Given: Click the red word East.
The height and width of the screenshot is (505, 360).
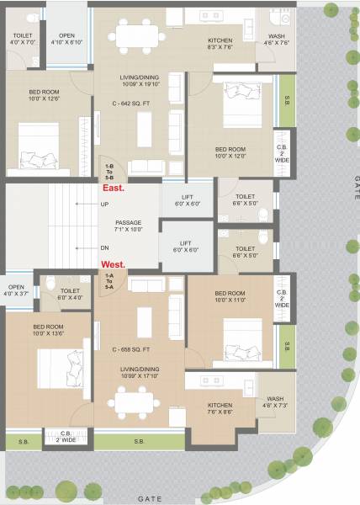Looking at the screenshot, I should (x=112, y=189).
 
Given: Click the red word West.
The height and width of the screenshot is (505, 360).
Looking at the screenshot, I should (x=112, y=264).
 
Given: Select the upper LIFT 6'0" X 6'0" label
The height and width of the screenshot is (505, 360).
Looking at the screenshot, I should (x=187, y=200).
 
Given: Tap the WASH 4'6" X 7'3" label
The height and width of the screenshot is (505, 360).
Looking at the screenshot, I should (x=275, y=402).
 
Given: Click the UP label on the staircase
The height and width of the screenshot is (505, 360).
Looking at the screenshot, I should (x=103, y=205).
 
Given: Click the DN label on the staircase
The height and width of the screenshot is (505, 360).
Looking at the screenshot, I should (x=103, y=247).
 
